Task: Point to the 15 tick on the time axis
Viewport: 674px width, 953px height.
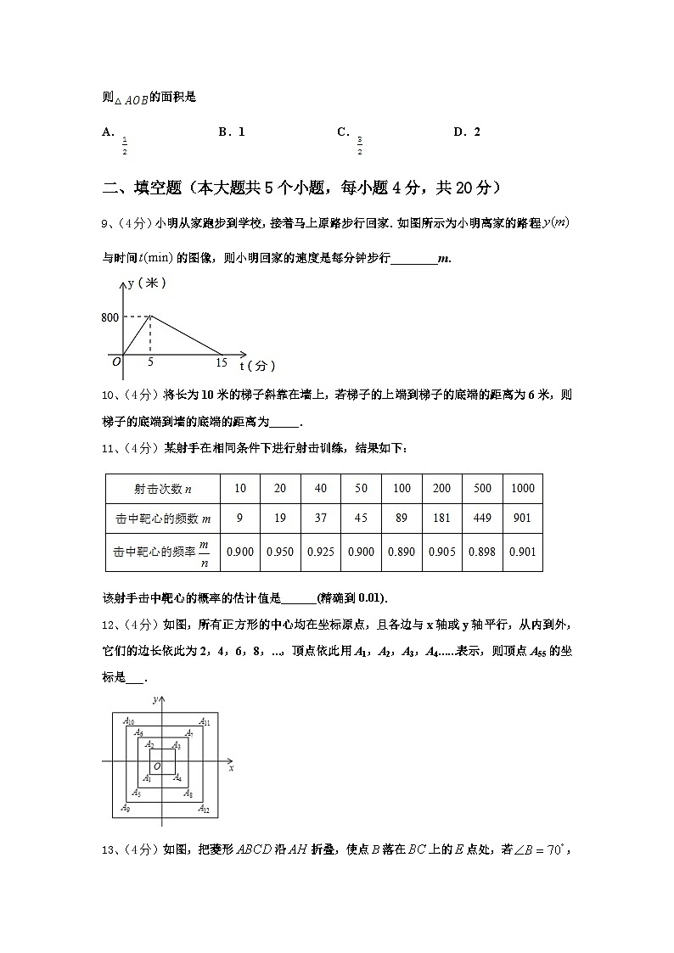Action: (222, 363)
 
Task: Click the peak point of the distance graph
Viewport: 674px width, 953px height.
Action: (150, 317)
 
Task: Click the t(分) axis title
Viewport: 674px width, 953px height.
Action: (257, 366)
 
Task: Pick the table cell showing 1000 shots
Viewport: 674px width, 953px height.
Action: (523, 488)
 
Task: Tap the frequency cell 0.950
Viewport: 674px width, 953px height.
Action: (280, 552)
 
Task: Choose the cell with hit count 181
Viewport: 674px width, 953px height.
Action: (441, 519)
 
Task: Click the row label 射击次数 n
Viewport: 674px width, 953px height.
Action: (162, 488)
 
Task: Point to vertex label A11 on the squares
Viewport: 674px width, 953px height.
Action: (205, 721)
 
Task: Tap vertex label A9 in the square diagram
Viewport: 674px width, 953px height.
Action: (126, 808)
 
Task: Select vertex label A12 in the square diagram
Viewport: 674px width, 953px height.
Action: (204, 810)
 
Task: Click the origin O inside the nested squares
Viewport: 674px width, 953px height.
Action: (157, 766)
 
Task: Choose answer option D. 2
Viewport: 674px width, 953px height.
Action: (467, 132)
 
